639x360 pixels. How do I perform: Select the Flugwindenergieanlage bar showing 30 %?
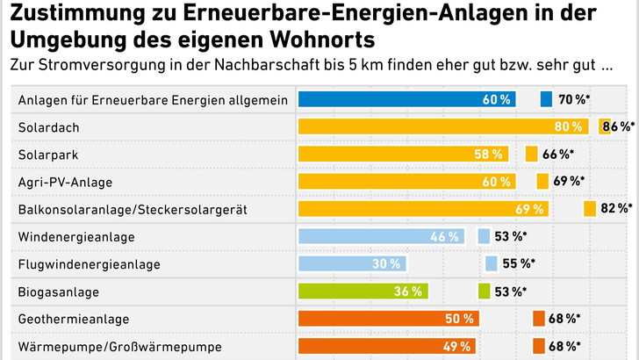coord(351,263)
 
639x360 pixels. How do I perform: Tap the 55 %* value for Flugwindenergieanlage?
coord(519,263)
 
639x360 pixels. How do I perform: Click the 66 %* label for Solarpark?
coord(558,155)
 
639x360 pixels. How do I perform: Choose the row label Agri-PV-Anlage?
coord(66,182)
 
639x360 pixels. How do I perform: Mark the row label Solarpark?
coord(44,155)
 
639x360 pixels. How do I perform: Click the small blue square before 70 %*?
coord(546,99)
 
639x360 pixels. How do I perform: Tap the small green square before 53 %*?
coord(484,291)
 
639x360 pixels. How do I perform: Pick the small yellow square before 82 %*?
coord(589,209)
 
